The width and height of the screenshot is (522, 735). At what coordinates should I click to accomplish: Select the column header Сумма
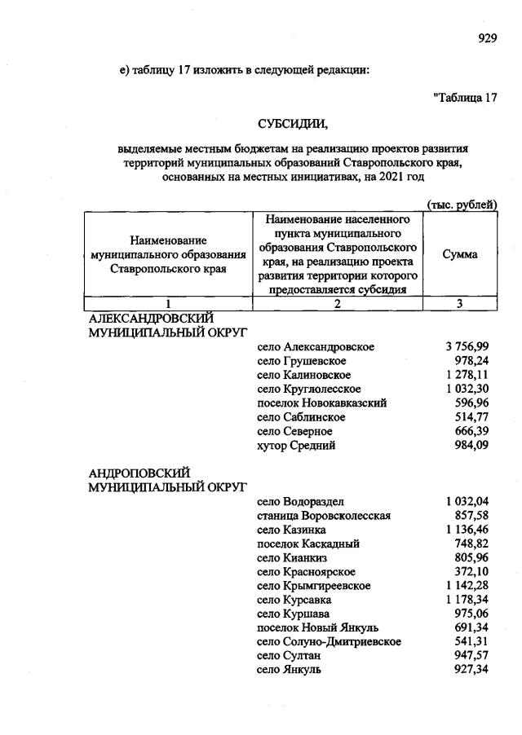coord(460,254)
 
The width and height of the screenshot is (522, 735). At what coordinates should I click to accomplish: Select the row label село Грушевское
coord(301,361)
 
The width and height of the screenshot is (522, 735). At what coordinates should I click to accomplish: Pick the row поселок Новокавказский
coord(321,403)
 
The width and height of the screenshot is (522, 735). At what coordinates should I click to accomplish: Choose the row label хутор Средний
coord(295,445)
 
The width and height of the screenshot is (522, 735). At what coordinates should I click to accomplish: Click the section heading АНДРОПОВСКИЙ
coord(139,473)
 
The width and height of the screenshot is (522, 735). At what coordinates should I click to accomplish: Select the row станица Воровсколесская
coord(324,516)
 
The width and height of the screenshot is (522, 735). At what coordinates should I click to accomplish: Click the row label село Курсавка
coord(294,600)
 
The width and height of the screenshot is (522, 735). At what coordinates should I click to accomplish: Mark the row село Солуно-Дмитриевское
coord(329,642)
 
